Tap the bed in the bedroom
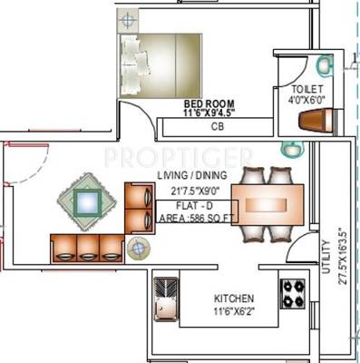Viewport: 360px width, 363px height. pyautogui.click(x=160, y=64)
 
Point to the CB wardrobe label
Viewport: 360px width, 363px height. pyautogui.click(x=217, y=128)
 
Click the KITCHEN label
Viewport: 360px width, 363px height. pyautogui.click(x=234, y=299)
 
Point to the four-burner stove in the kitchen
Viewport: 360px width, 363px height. pyautogui.click(x=293, y=292)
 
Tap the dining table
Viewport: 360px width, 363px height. pyautogui.click(x=268, y=203)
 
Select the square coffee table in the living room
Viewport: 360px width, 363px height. pyautogui.click(x=87, y=201)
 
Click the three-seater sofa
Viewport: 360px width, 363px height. pyautogui.click(x=87, y=248)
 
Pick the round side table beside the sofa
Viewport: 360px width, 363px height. pyautogui.click(x=139, y=248)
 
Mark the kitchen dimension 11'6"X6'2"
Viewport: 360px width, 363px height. pyautogui.click(x=234, y=311)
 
